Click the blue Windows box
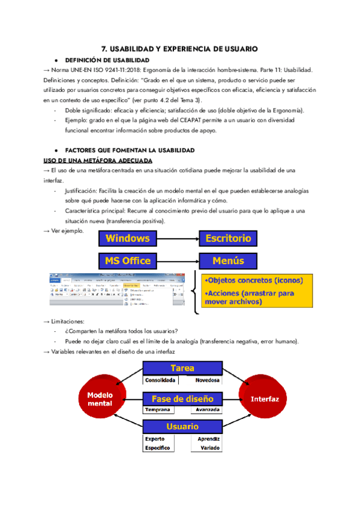click(128, 238)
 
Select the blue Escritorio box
click(228, 238)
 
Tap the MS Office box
click(128, 261)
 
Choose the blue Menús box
click(228, 261)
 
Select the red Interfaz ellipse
click(265, 399)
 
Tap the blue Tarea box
click(182, 368)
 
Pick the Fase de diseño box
click(182, 399)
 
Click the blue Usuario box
click(182, 426)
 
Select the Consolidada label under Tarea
click(160, 380)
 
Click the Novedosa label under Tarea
click(205, 380)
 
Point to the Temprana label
click(157, 409)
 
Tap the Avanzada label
click(206, 409)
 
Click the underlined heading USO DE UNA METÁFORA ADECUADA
click(98, 160)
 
